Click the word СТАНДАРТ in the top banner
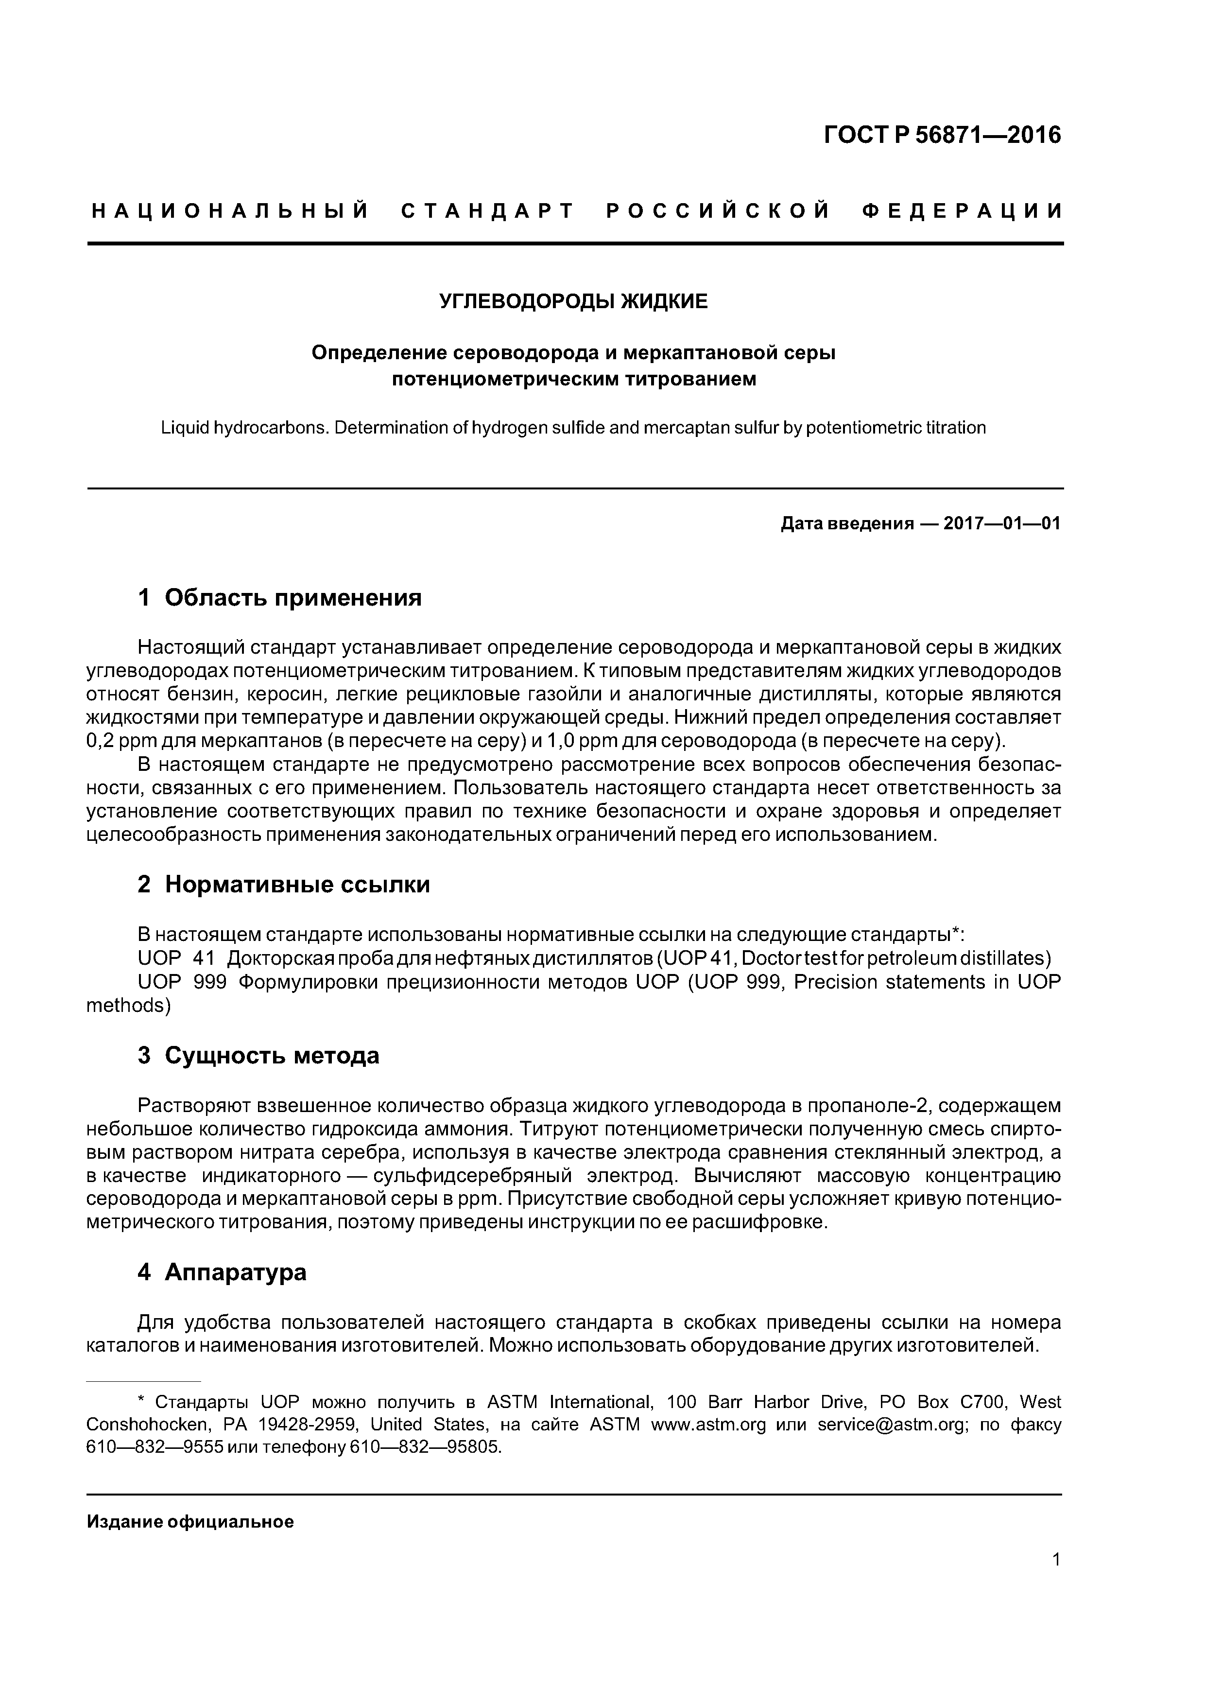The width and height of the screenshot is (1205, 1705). pyautogui.click(x=488, y=211)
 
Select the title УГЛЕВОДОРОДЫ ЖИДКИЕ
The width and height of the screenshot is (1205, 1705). pyautogui.click(x=573, y=301)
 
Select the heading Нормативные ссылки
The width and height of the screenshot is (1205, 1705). pyautogui.click(x=297, y=885)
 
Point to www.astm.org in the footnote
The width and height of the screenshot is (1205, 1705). pyautogui.click(x=707, y=1425)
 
